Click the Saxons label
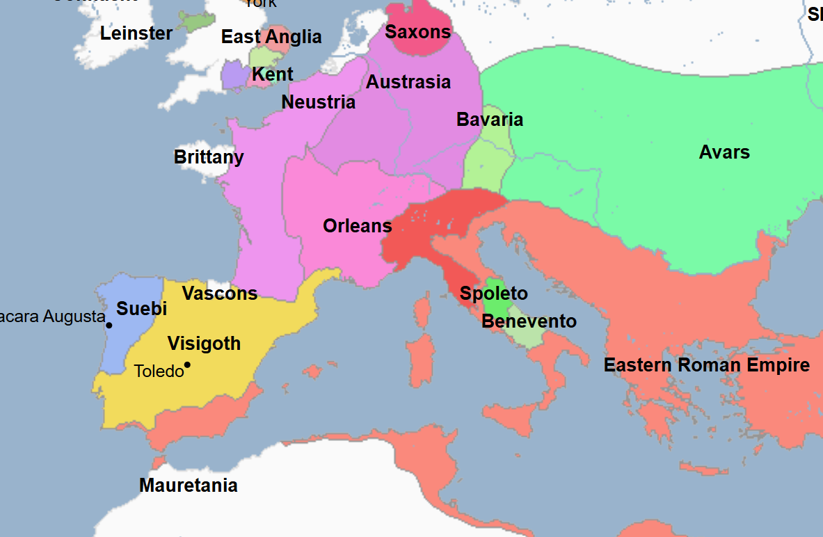point(418,31)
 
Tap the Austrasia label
point(408,82)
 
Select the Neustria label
point(318,102)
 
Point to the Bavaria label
point(490,120)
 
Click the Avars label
point(724,152)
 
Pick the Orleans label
point(358,226)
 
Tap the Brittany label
point(209,157)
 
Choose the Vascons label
point(220,294)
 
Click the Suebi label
point(142,309)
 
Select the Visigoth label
point(204,344)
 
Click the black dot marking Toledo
point(187,365)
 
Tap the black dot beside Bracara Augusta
point(109,325)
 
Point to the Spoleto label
point(494,294)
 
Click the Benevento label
point(529,321)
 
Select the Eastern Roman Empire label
point(706,365)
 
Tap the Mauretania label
point(189,486)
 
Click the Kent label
point(272,74)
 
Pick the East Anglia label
point(271,37)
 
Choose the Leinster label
point(136,33)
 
